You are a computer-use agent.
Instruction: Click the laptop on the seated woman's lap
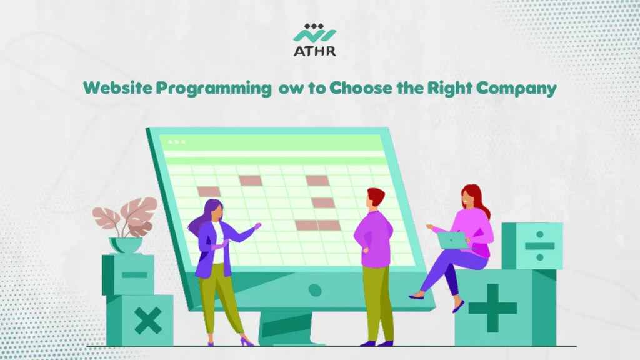pos(452,239)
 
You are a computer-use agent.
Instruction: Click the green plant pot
pos(125,244)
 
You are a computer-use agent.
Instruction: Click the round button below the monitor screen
pos(315,290)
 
